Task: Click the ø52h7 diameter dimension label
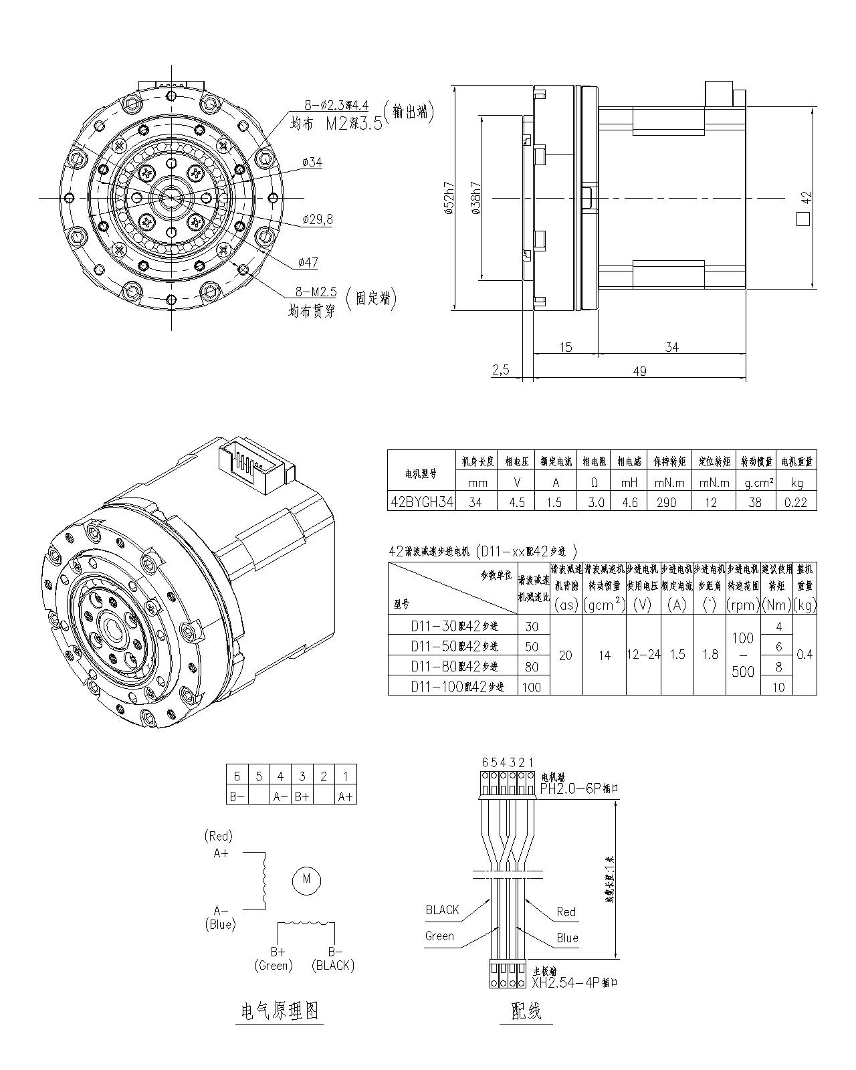click(x=449, y=199)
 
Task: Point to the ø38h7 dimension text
click(x=475, y=199)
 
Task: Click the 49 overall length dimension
click(x=639, y=371)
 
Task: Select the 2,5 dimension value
click(x=501, y=370)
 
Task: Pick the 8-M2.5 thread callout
click(x=316, y=292)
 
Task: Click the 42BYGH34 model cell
click(x=421, y=502)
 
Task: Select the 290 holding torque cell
click(x=666, y=502)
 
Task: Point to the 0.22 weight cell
click(x=795, y=502)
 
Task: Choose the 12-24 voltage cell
click(x=643, y=655)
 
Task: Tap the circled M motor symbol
click(x=307, y=878)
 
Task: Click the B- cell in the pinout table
click(x=237, y=796)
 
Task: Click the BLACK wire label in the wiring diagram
click(x=442, y=909)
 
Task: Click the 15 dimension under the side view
click(x=566, y=347)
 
